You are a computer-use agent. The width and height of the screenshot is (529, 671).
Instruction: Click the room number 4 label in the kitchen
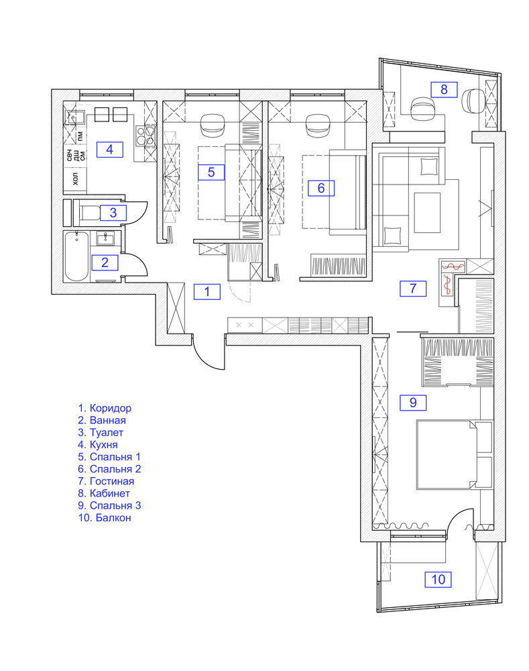[110, 150]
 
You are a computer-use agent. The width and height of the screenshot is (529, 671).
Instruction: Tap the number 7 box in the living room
[413, 289]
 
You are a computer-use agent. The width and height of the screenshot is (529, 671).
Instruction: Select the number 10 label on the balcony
[438, 580]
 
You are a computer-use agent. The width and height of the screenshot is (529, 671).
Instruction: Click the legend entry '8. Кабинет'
[104, 493]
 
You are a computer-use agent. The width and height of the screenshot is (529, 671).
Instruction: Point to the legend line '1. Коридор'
[105, 408]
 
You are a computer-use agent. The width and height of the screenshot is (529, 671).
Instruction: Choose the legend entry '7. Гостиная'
[106, 481]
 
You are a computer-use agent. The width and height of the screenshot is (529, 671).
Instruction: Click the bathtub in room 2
[77, 256]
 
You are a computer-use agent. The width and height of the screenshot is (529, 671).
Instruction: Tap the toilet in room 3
[88, 213]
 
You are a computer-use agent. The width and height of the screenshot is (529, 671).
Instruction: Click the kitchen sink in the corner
[74, 115]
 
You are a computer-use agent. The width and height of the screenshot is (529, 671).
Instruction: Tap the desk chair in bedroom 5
[213, 123]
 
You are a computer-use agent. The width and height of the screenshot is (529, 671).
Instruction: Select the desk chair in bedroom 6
[318, 123]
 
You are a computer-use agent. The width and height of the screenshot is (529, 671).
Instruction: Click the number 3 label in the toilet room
[113, 213]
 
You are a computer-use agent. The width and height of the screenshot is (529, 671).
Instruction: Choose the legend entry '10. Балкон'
[105, 518]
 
